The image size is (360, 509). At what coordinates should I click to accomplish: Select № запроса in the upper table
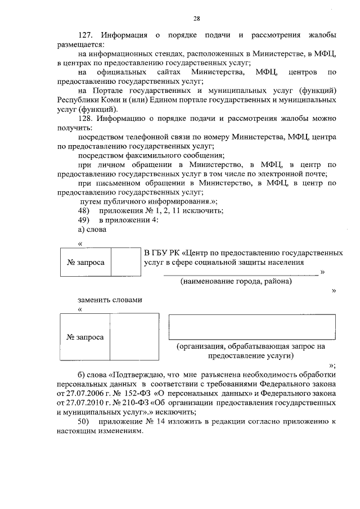click(85, 262)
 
